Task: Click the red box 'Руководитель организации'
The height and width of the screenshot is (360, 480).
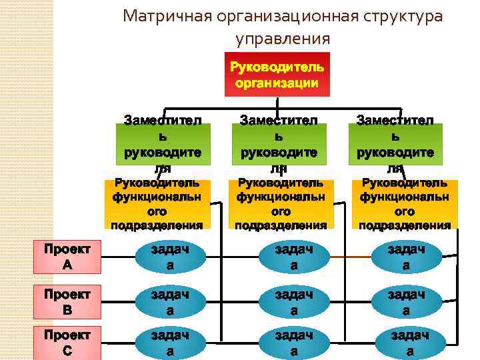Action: (277, 73)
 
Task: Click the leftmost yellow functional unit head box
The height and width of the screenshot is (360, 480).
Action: (157, 203)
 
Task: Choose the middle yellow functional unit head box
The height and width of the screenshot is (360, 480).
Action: (281, 203)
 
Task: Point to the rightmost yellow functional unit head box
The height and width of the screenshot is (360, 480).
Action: (404, 203)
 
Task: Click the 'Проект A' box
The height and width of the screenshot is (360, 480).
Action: (67, 257)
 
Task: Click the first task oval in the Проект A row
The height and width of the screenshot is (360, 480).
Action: (170, 257)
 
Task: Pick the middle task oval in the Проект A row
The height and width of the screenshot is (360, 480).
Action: (293, 257)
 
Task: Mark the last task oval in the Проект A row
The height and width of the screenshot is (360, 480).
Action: (406, 257)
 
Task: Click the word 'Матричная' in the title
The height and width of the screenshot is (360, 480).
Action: (166, 16)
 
